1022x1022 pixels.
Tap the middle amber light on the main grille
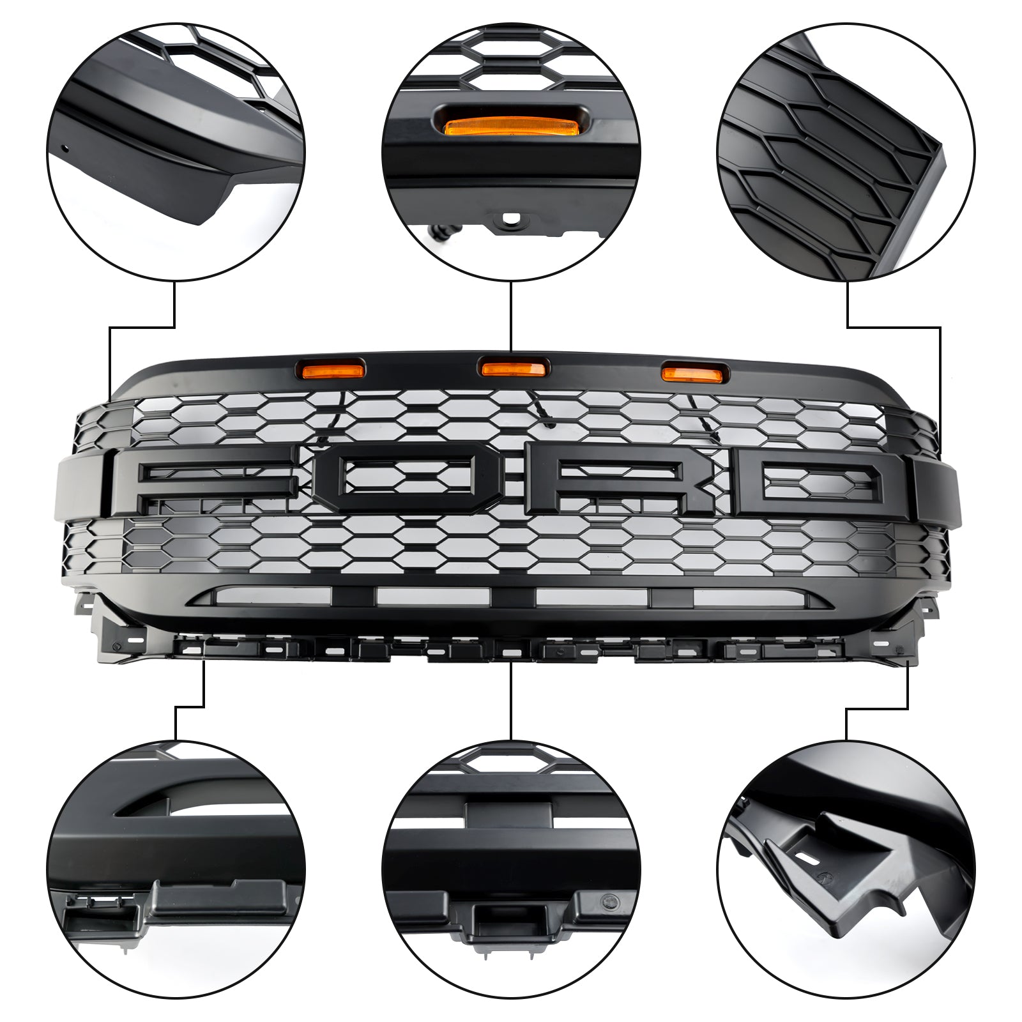coord(513,369)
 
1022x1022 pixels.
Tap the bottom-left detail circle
coord(176,869)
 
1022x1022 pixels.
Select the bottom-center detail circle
coord(511,869)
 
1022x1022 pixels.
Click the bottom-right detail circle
coord(846,869)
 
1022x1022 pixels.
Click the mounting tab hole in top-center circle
coord(512,218)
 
